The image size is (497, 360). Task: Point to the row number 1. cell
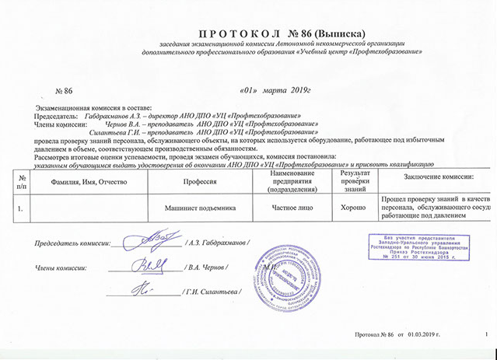click(x=20, y=208)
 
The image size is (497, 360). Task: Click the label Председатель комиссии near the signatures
click(x=67, y=244)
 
